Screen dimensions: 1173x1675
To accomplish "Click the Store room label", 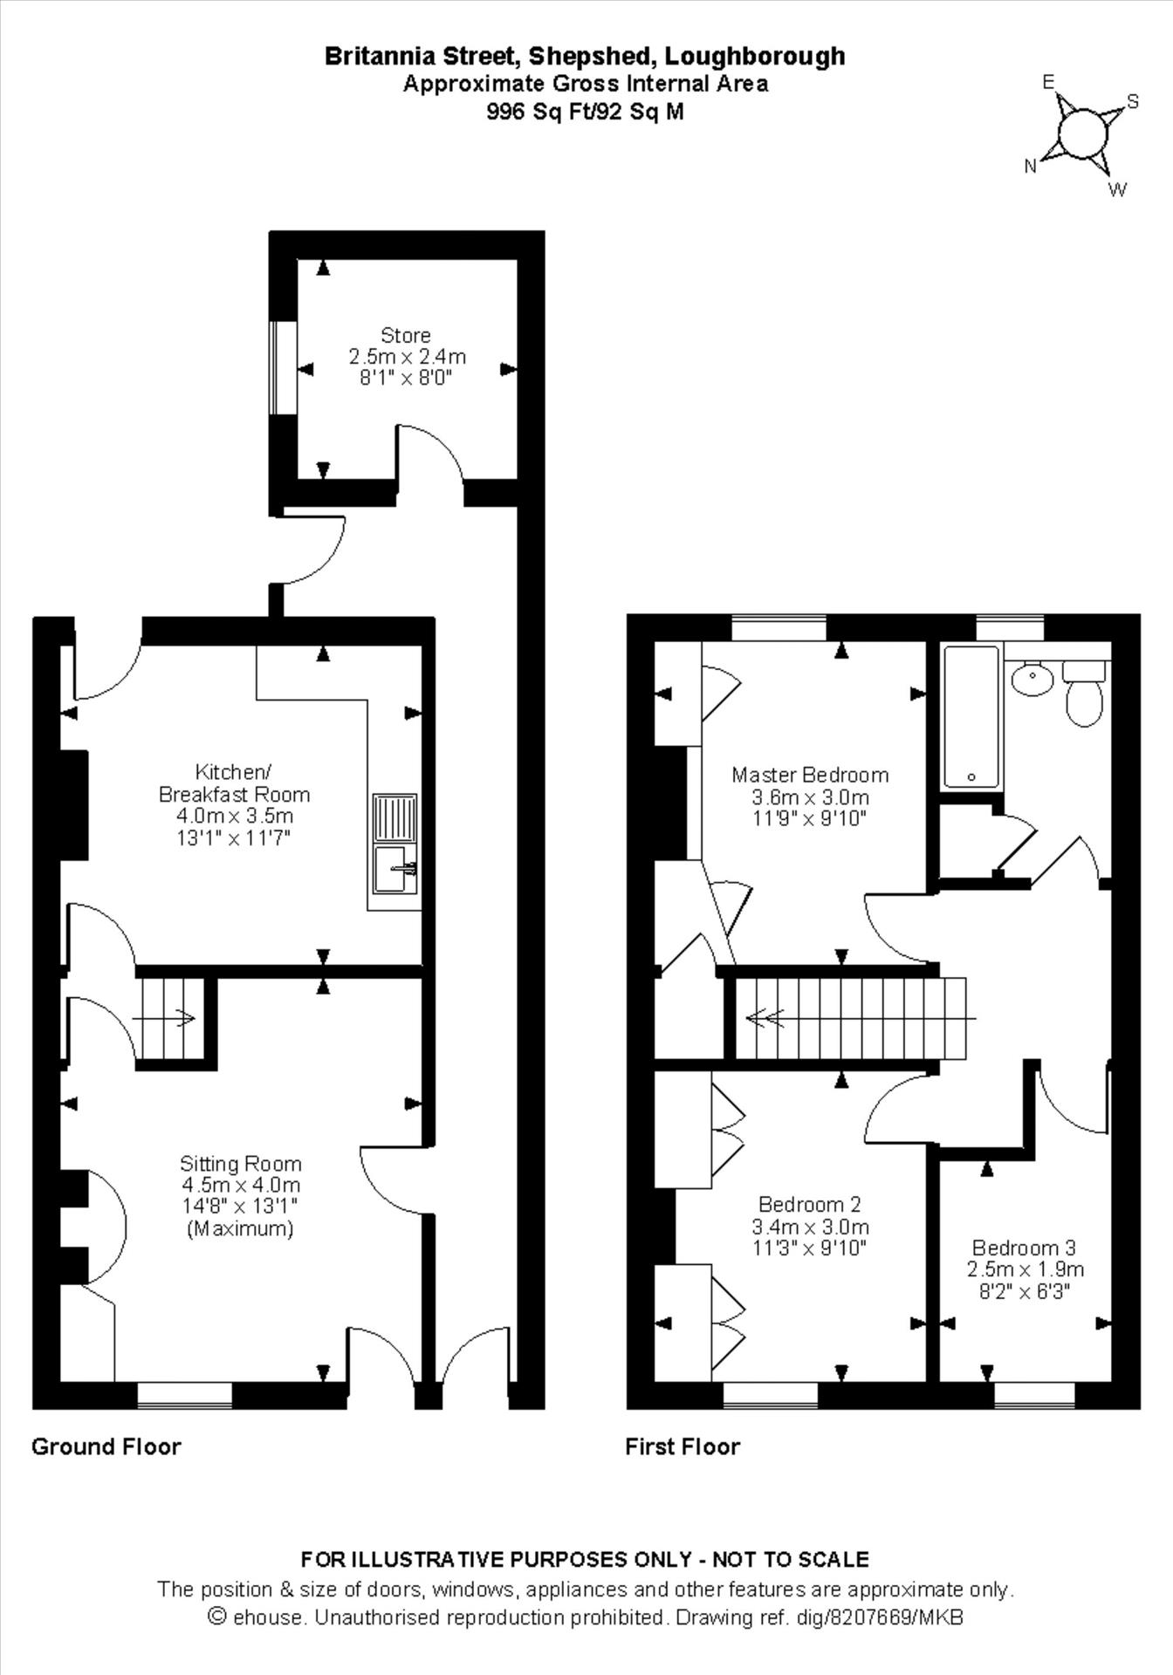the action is pos(406,335).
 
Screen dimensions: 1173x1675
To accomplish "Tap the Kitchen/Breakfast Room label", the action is pos(234,783).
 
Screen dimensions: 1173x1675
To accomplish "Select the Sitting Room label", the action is pos(240,1163).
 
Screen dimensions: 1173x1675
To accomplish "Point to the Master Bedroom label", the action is pos(810,775).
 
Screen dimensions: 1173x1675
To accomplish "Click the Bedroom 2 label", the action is pos(810,1204).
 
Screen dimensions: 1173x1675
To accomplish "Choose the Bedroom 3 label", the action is pos(1025,1248).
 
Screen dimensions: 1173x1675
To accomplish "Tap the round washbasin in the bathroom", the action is pos(1032,678).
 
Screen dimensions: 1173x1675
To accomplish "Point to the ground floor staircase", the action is pos(170,1017).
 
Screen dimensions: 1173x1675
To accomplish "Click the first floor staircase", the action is pos(851,1017).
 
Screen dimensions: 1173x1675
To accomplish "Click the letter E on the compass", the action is pos(1049,82).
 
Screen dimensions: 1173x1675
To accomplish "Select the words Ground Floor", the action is pos(106,1446).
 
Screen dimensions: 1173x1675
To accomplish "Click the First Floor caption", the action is pos(683,1446).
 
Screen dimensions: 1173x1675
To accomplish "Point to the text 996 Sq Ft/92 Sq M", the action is pos(586,112).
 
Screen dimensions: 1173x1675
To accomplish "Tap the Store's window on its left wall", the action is pos(283,368).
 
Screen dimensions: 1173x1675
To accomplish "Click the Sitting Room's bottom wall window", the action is pos(185,1395).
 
